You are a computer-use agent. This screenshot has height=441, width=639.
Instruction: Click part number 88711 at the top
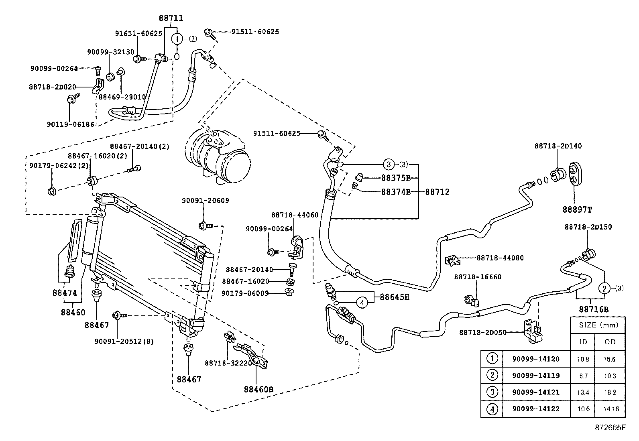pyautogui.click(x=171, y=18)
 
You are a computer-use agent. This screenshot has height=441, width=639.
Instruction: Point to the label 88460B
pyautogui.click(x=258, y=389)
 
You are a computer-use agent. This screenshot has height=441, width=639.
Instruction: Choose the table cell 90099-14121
pyautogui.click(x=536, y=392)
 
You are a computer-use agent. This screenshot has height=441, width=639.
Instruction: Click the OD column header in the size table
pyautogui.click(x=609, y=342)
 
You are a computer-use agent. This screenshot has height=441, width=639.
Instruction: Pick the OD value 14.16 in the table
pyautogui.click(x=611, y=409)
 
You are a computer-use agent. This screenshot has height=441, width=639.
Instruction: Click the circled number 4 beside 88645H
pyautogui.click(x=362, y=302)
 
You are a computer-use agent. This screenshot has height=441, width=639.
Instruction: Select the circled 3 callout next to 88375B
pyautogui.click(x=388, y=164)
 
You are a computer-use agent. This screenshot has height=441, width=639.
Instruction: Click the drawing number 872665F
pyautogui.click(x=610, y=427)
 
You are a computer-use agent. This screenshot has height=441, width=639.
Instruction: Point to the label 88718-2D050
pyautogui.click(x=482, y=332)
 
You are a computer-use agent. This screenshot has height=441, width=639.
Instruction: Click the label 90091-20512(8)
pyautogui.click(x=124, y=341)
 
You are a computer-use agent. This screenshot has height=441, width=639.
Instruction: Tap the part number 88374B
pyautogui.click(x=395, y=192)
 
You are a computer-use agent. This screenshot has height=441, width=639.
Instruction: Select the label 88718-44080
pyautogui.click(x=500, y=258)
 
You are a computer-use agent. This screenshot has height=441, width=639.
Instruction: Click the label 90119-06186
pyautogui.click(x=70, y=124)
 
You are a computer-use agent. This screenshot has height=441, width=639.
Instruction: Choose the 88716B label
pyautogui.click(x=594, y=309)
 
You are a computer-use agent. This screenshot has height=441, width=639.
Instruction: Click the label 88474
pyautogui.click(x=65, y=293)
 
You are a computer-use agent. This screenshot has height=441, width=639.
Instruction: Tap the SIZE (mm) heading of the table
pyautogui.click(x=598, y=325)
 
